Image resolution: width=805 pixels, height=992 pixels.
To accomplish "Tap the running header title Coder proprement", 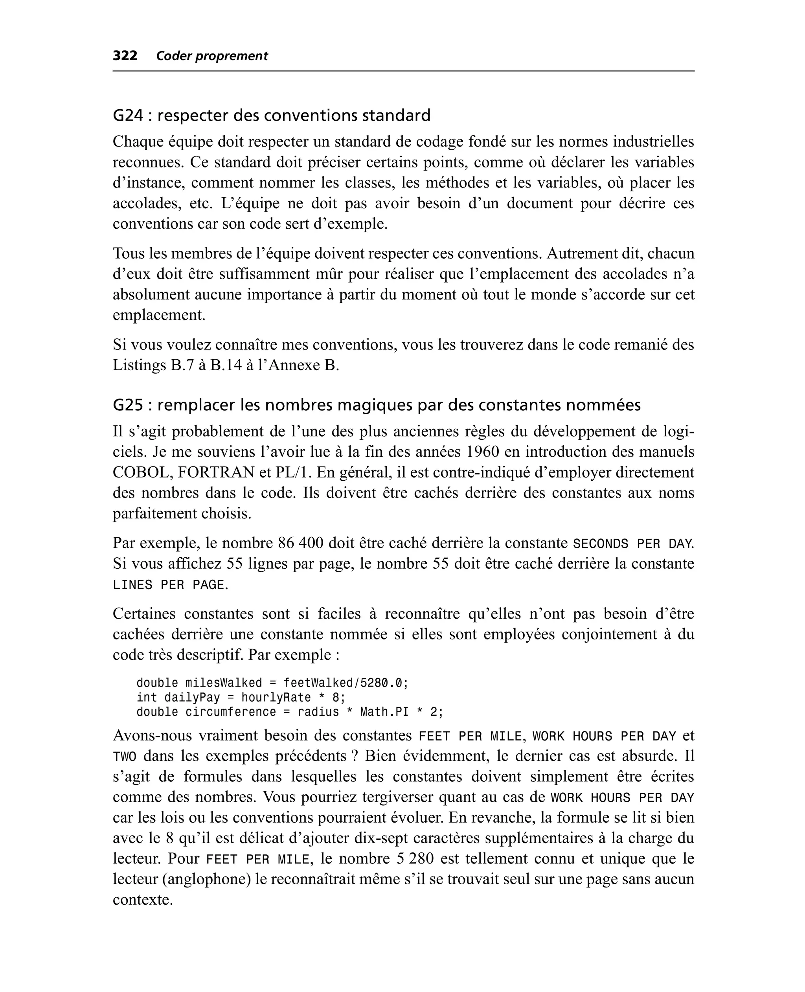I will click(x=212, y=56).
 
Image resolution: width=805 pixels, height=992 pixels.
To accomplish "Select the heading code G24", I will click(x=128, y=116).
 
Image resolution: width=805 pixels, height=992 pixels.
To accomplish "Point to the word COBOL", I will click(x=140, y=472).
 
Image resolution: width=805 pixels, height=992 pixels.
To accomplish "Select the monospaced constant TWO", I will click(x=125, y=757).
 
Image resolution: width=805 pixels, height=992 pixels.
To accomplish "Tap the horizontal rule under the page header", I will click(x=403, y=71).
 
